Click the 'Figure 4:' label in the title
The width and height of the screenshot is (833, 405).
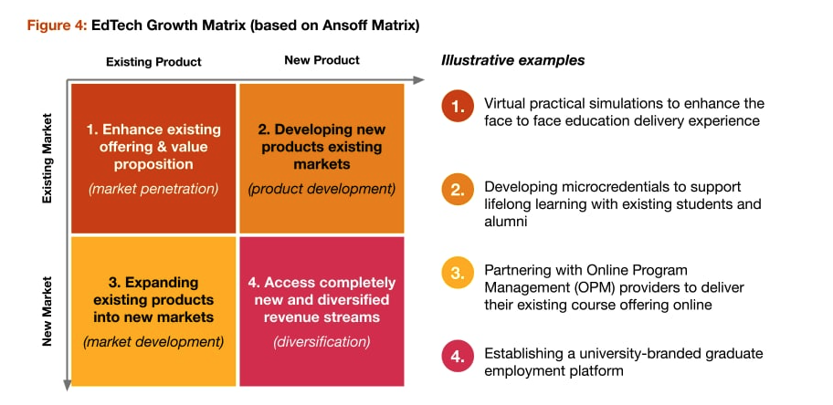click(56, 26)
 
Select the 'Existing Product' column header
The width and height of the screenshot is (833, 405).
click(153, 62)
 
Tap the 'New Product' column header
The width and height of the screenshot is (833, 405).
click(322, 60)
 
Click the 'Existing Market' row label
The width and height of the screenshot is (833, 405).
click(48, 158)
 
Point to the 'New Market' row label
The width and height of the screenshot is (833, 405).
click(48, 311)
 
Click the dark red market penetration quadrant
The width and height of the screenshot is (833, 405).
click(153, 158)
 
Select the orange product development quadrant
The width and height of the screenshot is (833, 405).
click(322, 158)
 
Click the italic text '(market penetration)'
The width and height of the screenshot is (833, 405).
click(153, 189)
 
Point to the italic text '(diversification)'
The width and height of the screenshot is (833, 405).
click(322, 342)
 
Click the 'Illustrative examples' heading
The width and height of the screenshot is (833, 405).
click(512, 61)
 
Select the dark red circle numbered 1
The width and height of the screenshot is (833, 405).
click(458, 107)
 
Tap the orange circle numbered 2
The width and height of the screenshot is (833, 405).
click(458, 190)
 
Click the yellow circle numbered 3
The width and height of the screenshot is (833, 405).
click(458, 274)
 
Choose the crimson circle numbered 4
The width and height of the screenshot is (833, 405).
click(458, 357)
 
